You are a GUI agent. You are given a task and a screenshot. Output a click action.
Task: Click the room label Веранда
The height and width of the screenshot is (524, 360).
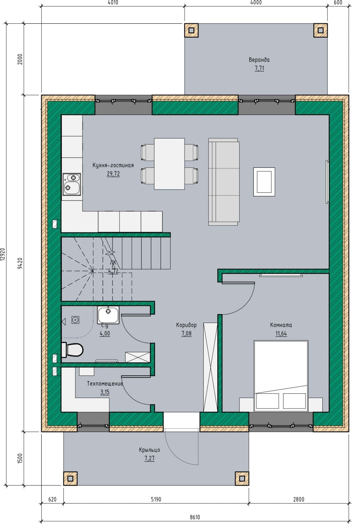(x=259, y=60)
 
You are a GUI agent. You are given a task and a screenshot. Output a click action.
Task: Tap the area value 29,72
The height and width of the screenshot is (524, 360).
(x=113, y=174)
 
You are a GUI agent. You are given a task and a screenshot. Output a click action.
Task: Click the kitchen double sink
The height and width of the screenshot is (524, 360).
(x=72, y=184)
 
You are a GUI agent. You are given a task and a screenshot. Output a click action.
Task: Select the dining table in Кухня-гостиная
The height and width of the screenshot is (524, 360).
(x=169, y=164)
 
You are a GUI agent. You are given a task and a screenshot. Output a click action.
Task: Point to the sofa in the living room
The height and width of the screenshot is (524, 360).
(x=224, y=181)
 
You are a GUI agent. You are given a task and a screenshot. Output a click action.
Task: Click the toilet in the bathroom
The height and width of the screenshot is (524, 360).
(x=72, y=350)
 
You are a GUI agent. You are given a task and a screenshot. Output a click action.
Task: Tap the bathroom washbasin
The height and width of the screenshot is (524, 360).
(x=108, y=315)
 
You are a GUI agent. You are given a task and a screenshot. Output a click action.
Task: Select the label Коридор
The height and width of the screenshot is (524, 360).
(x=186, y=325)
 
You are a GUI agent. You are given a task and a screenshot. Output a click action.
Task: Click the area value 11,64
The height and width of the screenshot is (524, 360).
(x=281, y=334)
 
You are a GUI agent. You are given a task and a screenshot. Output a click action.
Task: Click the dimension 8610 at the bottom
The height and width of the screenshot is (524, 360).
(x=195, y=517)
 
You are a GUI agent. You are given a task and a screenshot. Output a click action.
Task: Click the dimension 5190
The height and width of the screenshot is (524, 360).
(x=156, y=499)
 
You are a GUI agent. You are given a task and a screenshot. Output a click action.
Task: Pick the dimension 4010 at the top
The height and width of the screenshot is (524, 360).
(x=113, y=2)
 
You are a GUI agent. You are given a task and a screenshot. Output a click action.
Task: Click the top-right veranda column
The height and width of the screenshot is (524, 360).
(x=320, y=30)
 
